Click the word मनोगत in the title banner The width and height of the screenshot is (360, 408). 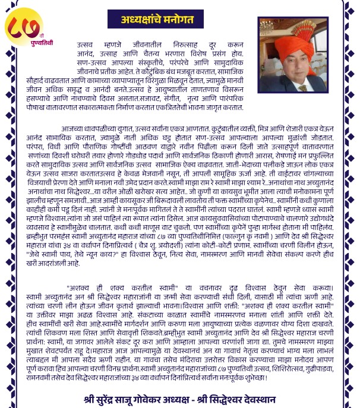click(x=184, y=19)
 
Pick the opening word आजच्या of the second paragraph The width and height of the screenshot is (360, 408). click(x=74, y=126)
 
